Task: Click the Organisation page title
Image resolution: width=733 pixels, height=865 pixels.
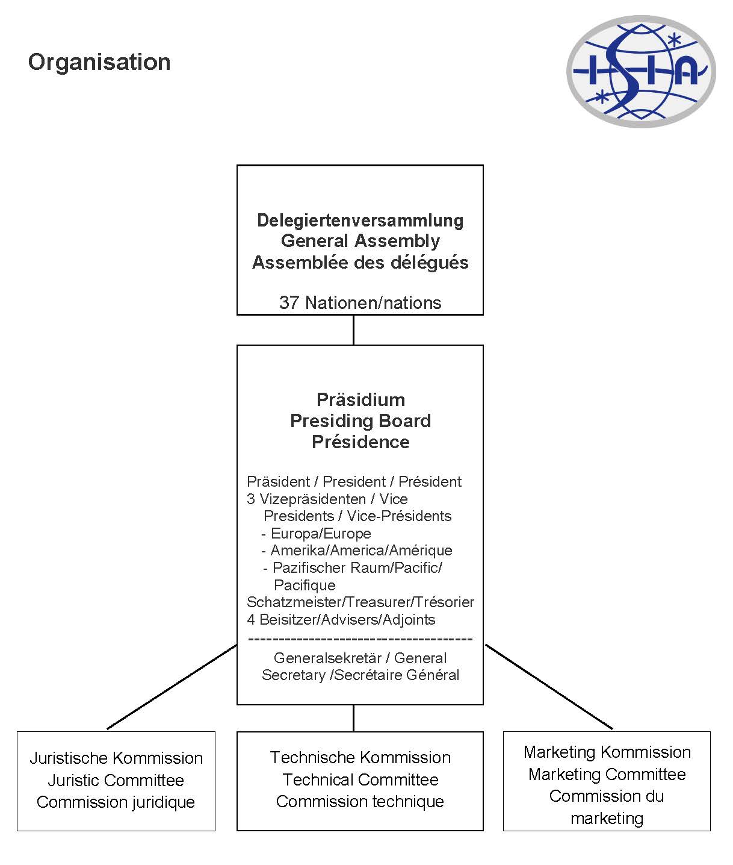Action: point(99,62)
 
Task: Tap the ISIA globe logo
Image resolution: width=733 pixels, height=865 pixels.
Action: point(640,71)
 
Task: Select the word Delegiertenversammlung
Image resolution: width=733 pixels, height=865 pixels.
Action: point(360,220)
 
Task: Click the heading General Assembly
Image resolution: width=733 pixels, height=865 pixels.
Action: point(360,241)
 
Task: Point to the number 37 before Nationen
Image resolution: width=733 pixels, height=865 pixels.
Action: point(289,302)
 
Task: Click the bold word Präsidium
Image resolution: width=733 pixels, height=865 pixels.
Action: point(360,399)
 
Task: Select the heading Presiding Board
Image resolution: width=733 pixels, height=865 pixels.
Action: point(360,420)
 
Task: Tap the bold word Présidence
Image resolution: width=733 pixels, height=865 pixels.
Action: point(360,442)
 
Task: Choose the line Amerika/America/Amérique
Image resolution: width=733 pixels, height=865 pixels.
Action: point(360,550)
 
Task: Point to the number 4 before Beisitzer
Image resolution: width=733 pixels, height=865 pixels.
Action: point(251,619)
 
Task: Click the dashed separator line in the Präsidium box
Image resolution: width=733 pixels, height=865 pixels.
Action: point(360,639)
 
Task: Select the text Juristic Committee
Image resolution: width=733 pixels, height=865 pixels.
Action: point(116,780)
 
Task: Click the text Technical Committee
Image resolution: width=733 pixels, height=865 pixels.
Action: point(360,779)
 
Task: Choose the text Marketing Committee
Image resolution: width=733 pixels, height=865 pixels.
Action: point(607,774)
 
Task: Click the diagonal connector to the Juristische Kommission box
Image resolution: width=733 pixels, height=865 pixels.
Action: point(172,687)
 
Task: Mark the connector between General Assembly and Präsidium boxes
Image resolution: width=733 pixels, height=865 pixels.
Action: point(353,329)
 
